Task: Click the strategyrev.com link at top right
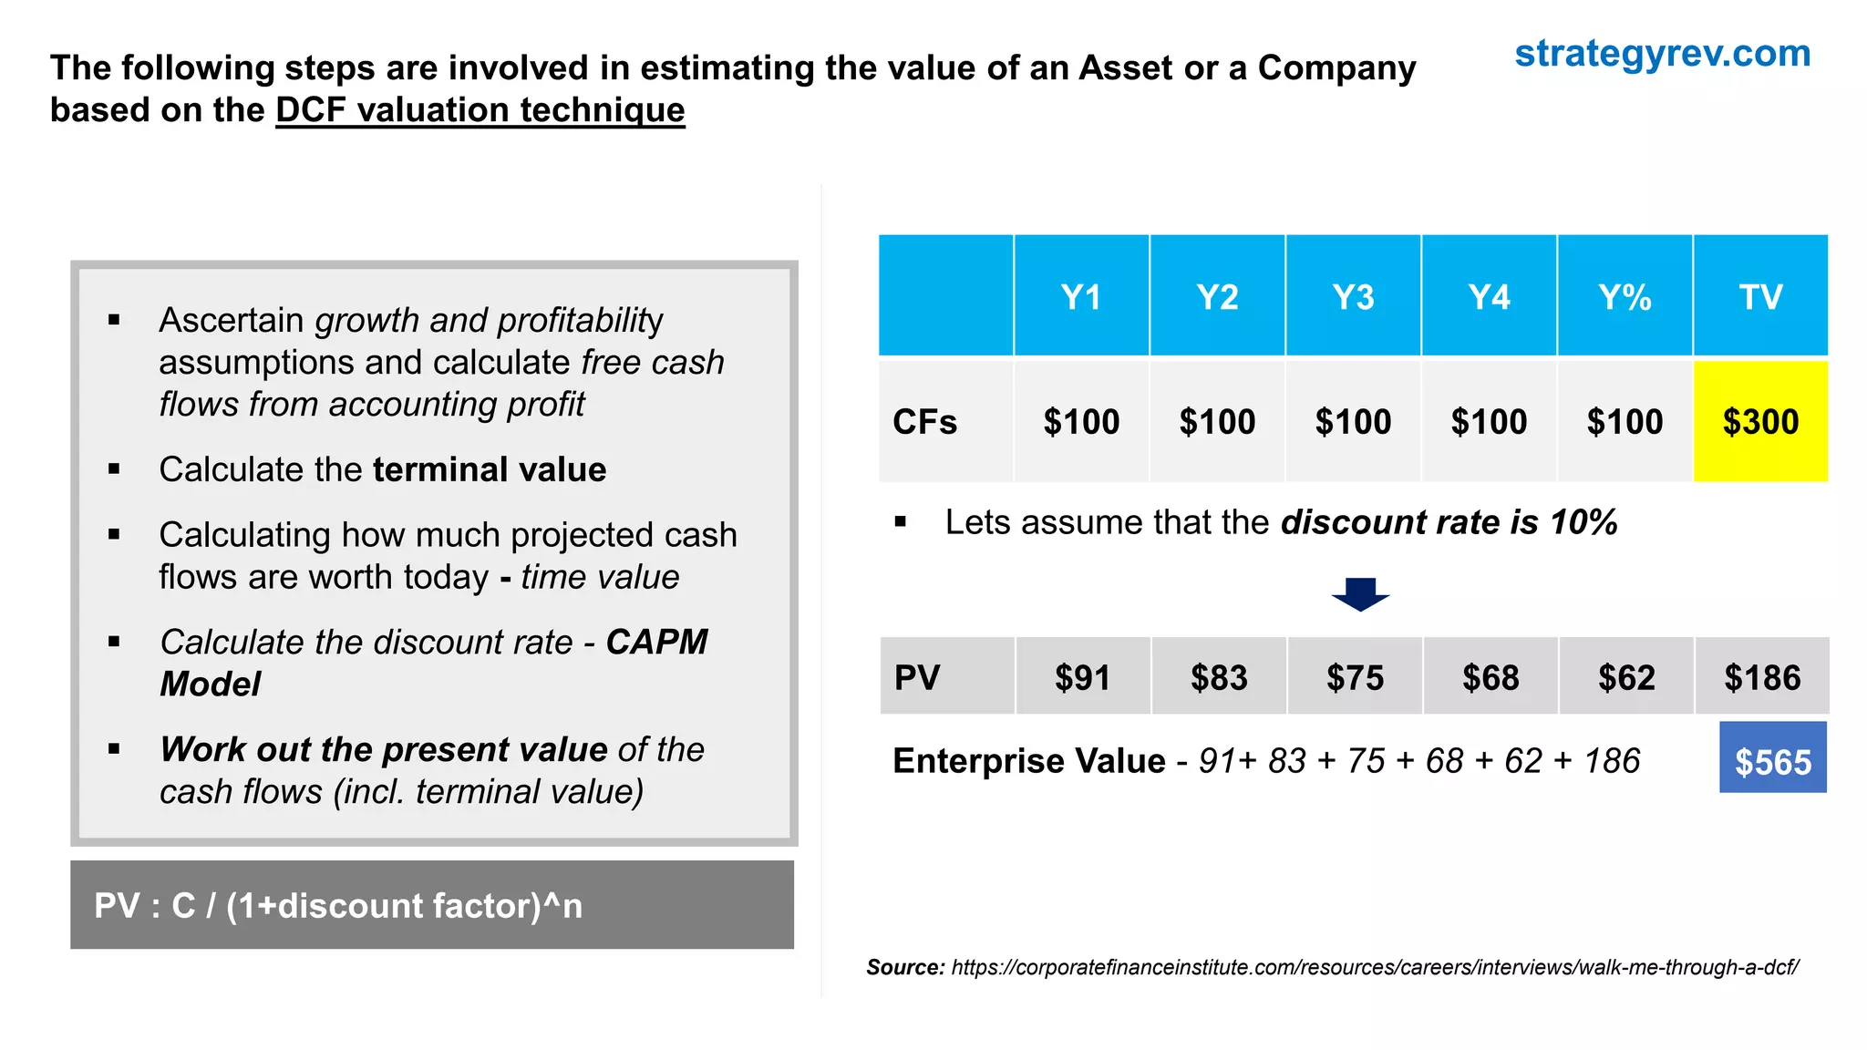tap(1662, 54)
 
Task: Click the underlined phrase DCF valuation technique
tap(480, 110)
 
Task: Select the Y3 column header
tap(1353, 297)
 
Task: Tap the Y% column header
tap(1625, 297)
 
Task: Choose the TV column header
tap(1760, 297)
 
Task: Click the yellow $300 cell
tap(1760, 422)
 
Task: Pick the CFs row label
tap(925, 422)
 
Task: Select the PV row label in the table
tap(917, 677)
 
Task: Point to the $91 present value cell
tap(1082, 677)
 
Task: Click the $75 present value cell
tap(1355, 677)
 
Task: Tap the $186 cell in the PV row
tap(1762, 677)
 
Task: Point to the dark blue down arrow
tap(1360, 594)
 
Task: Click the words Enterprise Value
tap(1028, 761)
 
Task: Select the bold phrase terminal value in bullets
tap(490, 469)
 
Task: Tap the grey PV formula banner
tap(431, 905)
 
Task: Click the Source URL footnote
tap(1374, 967)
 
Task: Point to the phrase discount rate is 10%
tap(1449, 522)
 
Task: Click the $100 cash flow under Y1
tap(1081, 422)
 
